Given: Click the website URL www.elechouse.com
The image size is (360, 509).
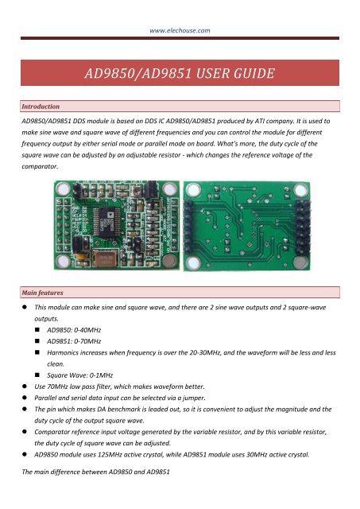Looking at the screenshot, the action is coord(180,30).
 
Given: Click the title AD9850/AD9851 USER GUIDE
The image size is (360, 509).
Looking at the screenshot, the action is coord(180,76).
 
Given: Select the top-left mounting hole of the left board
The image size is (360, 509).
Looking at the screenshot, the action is coord(61,188).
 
